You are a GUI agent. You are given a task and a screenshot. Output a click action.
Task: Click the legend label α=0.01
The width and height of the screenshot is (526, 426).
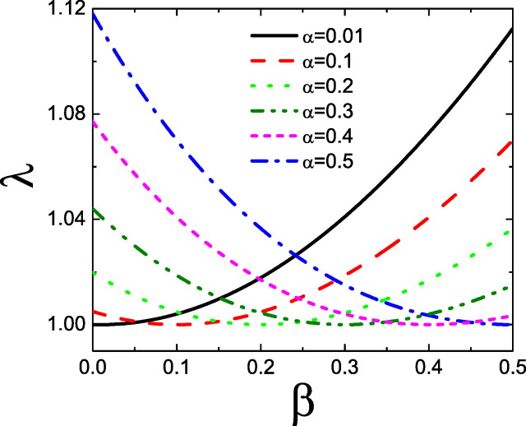330,36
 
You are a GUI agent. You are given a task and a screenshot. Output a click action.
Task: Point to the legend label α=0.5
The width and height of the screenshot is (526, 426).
326,161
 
